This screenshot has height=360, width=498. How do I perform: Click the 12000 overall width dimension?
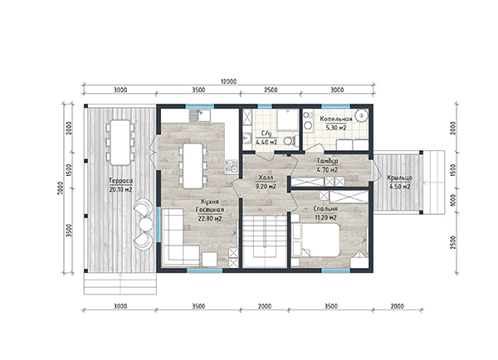(229, 81)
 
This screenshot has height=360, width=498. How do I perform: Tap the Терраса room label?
(120, 181)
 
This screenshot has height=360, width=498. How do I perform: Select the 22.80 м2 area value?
(210, 218)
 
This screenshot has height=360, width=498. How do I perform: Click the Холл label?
(266, 178)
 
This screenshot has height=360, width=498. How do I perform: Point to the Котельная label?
(336, 119)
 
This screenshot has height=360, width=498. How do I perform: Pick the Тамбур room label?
(328, 161)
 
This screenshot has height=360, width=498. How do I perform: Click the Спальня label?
(325, 209)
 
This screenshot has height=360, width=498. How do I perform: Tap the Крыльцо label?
(400, 178)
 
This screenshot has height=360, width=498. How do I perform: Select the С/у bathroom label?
(266, 134)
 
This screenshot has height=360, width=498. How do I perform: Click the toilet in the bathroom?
(290, 140)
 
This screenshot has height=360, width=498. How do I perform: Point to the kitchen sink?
(200, 115)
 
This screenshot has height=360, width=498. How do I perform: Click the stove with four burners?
(232, 167)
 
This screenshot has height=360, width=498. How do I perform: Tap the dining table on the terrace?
(120, 143)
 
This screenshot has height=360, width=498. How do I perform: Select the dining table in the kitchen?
(193, 166)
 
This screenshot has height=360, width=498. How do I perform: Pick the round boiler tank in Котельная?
(361, 115)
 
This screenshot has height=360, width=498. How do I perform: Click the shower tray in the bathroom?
(287, 120)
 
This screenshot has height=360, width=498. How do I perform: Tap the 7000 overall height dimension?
(61, 188)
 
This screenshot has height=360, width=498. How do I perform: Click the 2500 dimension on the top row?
(271, 90)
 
